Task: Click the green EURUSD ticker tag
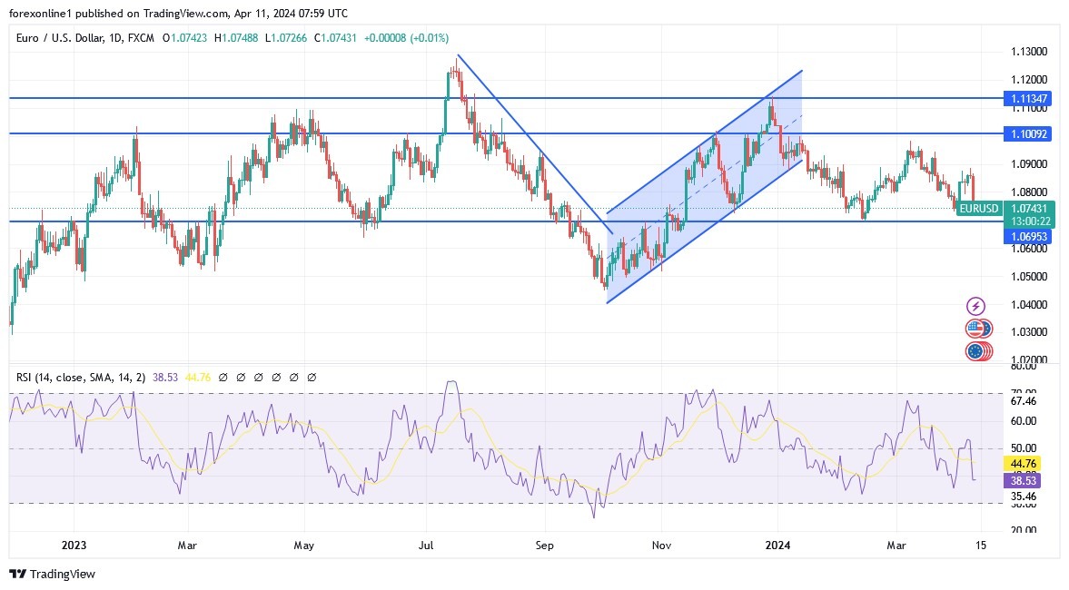[x=979, y=208]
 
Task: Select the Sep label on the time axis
[x=544, y=545]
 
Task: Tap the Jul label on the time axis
[x=424, y=545]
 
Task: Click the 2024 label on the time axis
[x=777, y=545]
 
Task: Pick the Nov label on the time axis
[x=661, y=545]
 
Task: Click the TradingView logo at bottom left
[x=52, y=574]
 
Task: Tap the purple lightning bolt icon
[x=976, y=306]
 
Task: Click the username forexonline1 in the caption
[x=44, y=14]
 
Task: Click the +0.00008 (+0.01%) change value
[x=406, y=38]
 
